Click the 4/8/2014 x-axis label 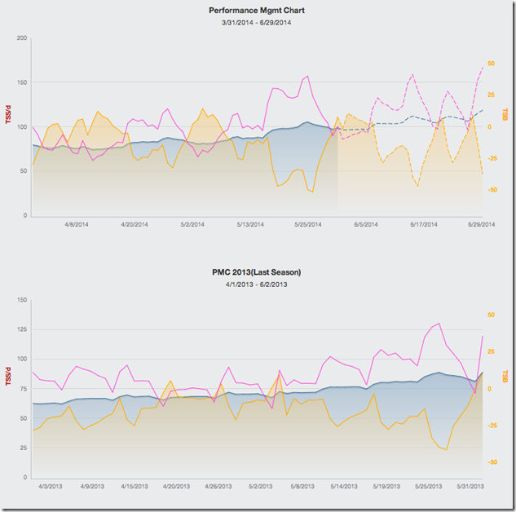click(x=76, y=223)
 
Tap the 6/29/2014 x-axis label click(x=481, y=223)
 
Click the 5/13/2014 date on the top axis click(x=250, y=223)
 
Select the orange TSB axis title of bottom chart click(x=505, y=376)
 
